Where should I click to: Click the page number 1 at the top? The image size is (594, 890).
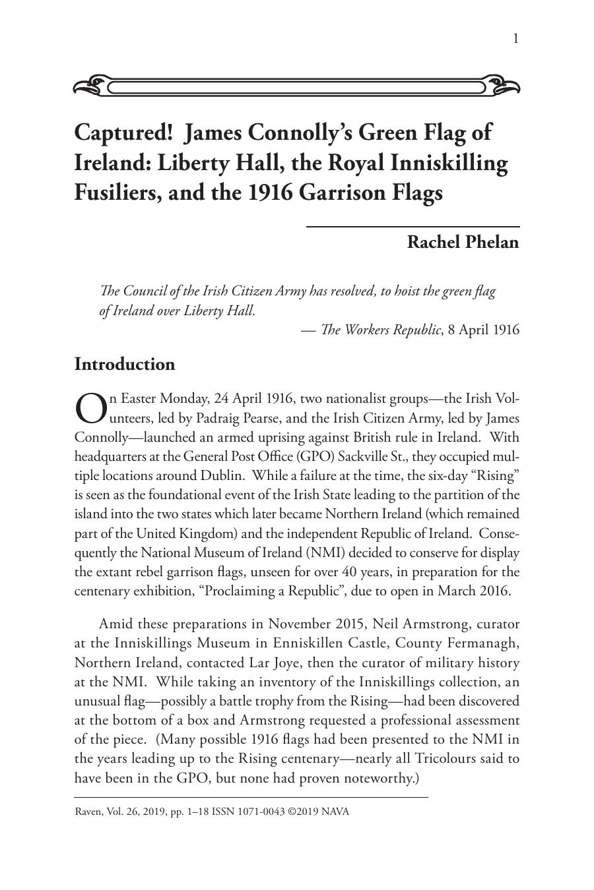[515, 39]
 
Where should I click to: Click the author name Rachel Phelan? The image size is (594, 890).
[462, 242]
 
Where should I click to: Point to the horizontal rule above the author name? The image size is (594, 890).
[412, 226]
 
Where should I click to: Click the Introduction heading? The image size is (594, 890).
[125, 365]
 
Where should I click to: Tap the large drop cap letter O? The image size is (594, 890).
[90, 408]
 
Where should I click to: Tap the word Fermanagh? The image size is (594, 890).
[485, 643]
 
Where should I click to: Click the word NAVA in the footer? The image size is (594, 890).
[335, 812]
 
